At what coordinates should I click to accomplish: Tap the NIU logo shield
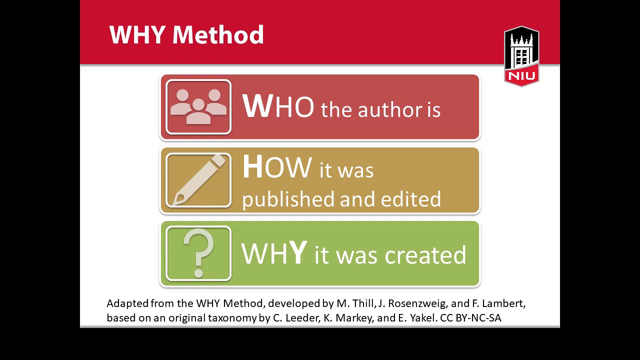tap(521, 56)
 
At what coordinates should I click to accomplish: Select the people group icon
tap(198, 107)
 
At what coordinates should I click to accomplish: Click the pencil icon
tap(198, 180)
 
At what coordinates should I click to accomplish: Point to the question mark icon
tap(198, 253)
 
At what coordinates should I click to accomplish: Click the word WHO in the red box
tap(278, 106)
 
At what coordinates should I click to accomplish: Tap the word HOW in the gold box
tap(276, 167)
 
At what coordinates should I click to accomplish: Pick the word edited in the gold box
tap(410, 199)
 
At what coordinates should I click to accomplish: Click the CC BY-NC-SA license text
tap(470, 318)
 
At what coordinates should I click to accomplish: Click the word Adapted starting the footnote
tap(120, 303)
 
